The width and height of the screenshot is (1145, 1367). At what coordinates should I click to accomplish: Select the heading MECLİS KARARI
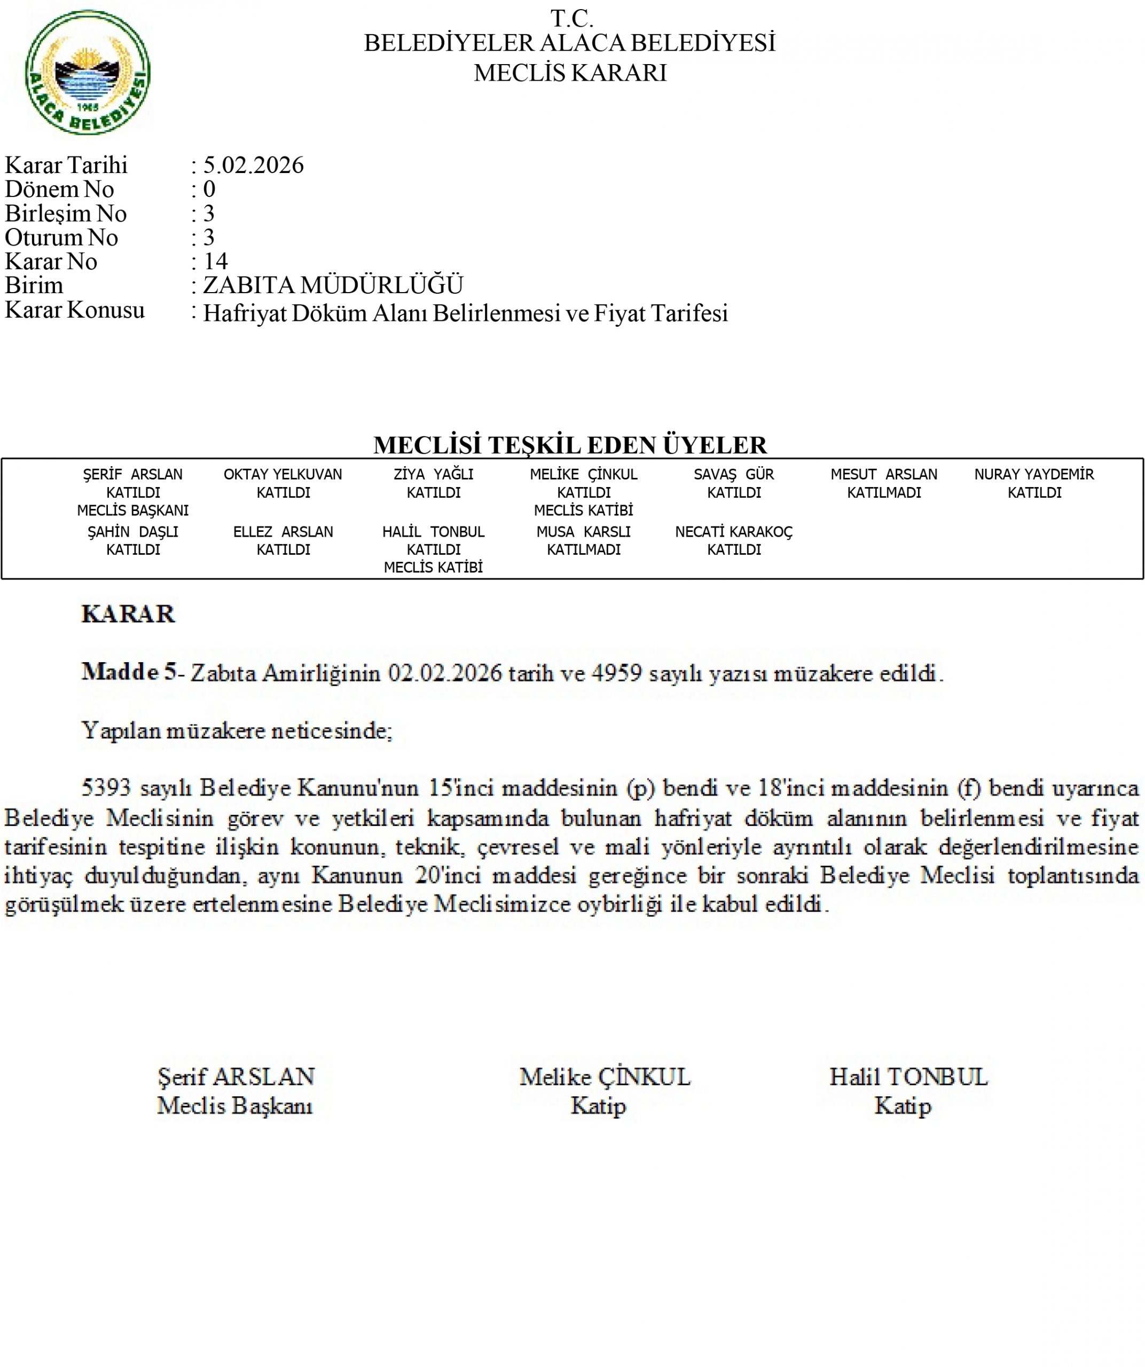570,73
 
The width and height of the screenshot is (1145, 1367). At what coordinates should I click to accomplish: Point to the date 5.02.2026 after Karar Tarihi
253,166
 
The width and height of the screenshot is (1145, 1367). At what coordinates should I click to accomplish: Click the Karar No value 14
215,262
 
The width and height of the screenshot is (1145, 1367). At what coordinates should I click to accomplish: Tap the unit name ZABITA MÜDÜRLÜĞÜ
333,286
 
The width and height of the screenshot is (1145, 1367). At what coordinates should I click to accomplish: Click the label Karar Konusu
74,310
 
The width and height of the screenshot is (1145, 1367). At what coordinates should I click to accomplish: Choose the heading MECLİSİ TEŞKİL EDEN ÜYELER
570,445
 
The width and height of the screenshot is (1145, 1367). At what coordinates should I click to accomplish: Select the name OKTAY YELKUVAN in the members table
283,475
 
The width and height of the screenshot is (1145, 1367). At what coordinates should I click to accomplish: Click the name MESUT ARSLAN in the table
883,475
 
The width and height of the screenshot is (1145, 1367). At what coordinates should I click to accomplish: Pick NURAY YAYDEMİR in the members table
1034,475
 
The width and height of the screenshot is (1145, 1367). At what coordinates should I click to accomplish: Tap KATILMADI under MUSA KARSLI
583,549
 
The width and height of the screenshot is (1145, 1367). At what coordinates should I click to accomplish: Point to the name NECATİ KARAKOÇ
734,532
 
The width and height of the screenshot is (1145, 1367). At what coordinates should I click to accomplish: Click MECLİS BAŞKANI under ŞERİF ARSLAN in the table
133,510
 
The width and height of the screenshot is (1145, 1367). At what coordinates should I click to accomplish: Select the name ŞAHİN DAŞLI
133,532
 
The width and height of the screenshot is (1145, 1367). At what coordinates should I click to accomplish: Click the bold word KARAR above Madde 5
128,614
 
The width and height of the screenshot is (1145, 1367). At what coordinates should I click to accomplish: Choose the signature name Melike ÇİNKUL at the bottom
605,1078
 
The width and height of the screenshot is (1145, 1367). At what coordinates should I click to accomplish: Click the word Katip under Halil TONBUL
903,1106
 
